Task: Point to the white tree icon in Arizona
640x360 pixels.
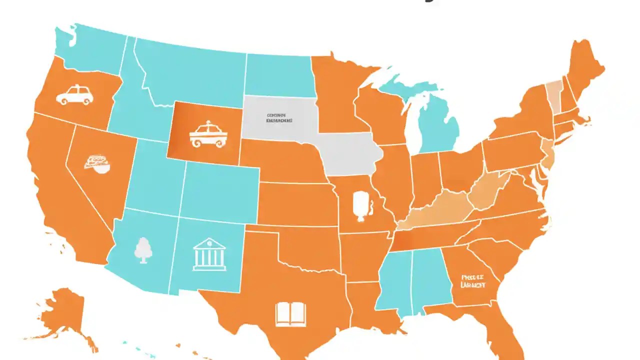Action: tap(142, 249)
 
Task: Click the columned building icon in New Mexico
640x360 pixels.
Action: tap(209, 254)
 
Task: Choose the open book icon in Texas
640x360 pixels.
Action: tap(290, 313)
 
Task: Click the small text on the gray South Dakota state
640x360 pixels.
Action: tap(279, 117)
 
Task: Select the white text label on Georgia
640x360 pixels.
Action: tap(473, 281)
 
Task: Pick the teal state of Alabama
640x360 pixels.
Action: tap(430, 277)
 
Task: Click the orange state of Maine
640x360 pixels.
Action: tap(585, 70)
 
